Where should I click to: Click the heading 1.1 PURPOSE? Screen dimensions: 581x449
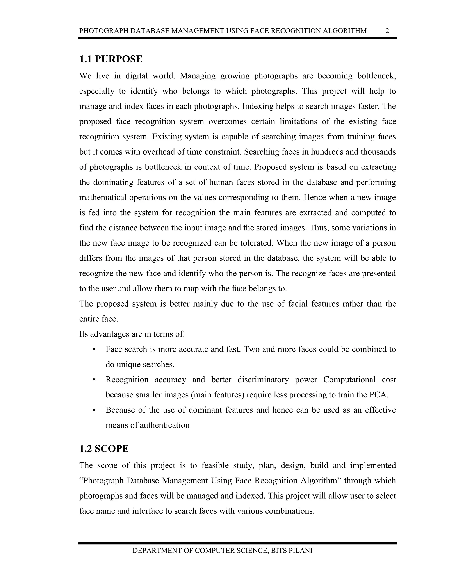tap(111, 59)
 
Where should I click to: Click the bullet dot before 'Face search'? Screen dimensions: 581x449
tap(94, 349)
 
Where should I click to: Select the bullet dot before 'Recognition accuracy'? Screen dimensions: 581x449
tap(94, 380)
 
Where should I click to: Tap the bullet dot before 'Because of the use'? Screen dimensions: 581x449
tap(94, 410)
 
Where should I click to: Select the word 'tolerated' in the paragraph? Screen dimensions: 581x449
tap(254, 243)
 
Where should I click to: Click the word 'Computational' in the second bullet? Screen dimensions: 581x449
tap(349, 380)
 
